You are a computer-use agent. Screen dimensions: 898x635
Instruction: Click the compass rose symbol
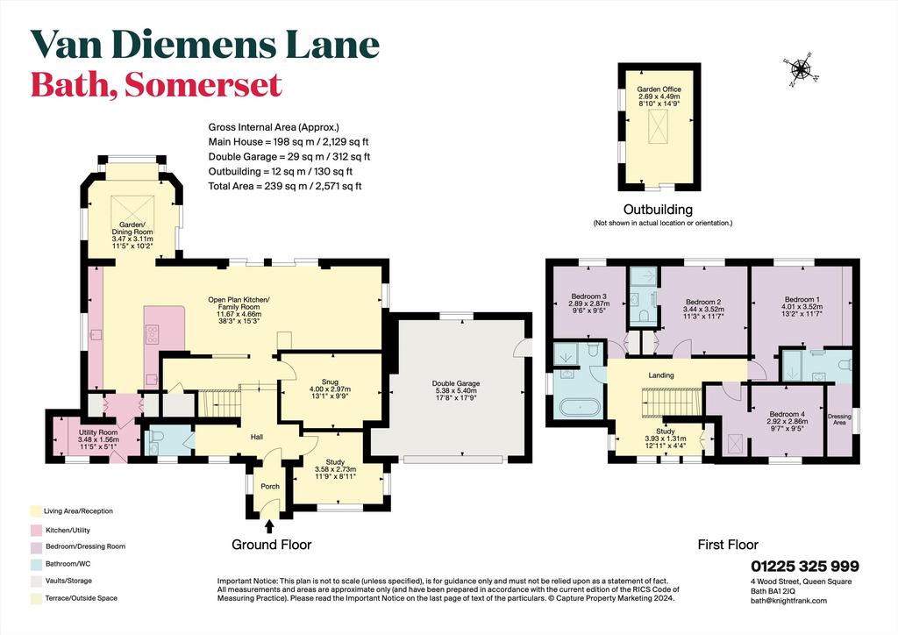[x=801, y=70]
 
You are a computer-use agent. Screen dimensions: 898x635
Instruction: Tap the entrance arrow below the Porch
[x=269, y=525]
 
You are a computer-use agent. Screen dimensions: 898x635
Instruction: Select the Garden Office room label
[x=659, y=89]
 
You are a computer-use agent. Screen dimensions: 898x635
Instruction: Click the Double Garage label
[x=456, y=383]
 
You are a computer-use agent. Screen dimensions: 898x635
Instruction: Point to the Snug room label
[x=330, y=382]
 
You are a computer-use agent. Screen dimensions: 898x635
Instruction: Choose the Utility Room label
[x=98, y=432]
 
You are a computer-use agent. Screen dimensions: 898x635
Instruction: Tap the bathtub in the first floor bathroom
[x=579, y=408]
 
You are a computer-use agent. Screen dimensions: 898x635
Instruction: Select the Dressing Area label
[x=839, y=420]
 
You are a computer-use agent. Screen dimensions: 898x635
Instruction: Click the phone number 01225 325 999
[x=805, y=567]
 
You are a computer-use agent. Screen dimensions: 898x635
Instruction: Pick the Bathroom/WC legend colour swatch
[x=36, y=564]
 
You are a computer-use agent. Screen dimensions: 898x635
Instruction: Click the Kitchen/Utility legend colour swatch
[x=36, y=531]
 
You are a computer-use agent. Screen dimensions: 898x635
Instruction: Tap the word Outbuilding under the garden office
[x=658, y=210]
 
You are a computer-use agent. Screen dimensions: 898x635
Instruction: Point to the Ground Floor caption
[x=272, y=545]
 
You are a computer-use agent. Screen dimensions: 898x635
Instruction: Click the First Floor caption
[x=728, y=545]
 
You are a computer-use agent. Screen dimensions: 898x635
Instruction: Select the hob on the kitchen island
[x=153, y=334]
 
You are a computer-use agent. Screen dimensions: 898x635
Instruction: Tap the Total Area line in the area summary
[x=285, y=186]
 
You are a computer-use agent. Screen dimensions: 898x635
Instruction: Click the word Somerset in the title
[x=203, y=85]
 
